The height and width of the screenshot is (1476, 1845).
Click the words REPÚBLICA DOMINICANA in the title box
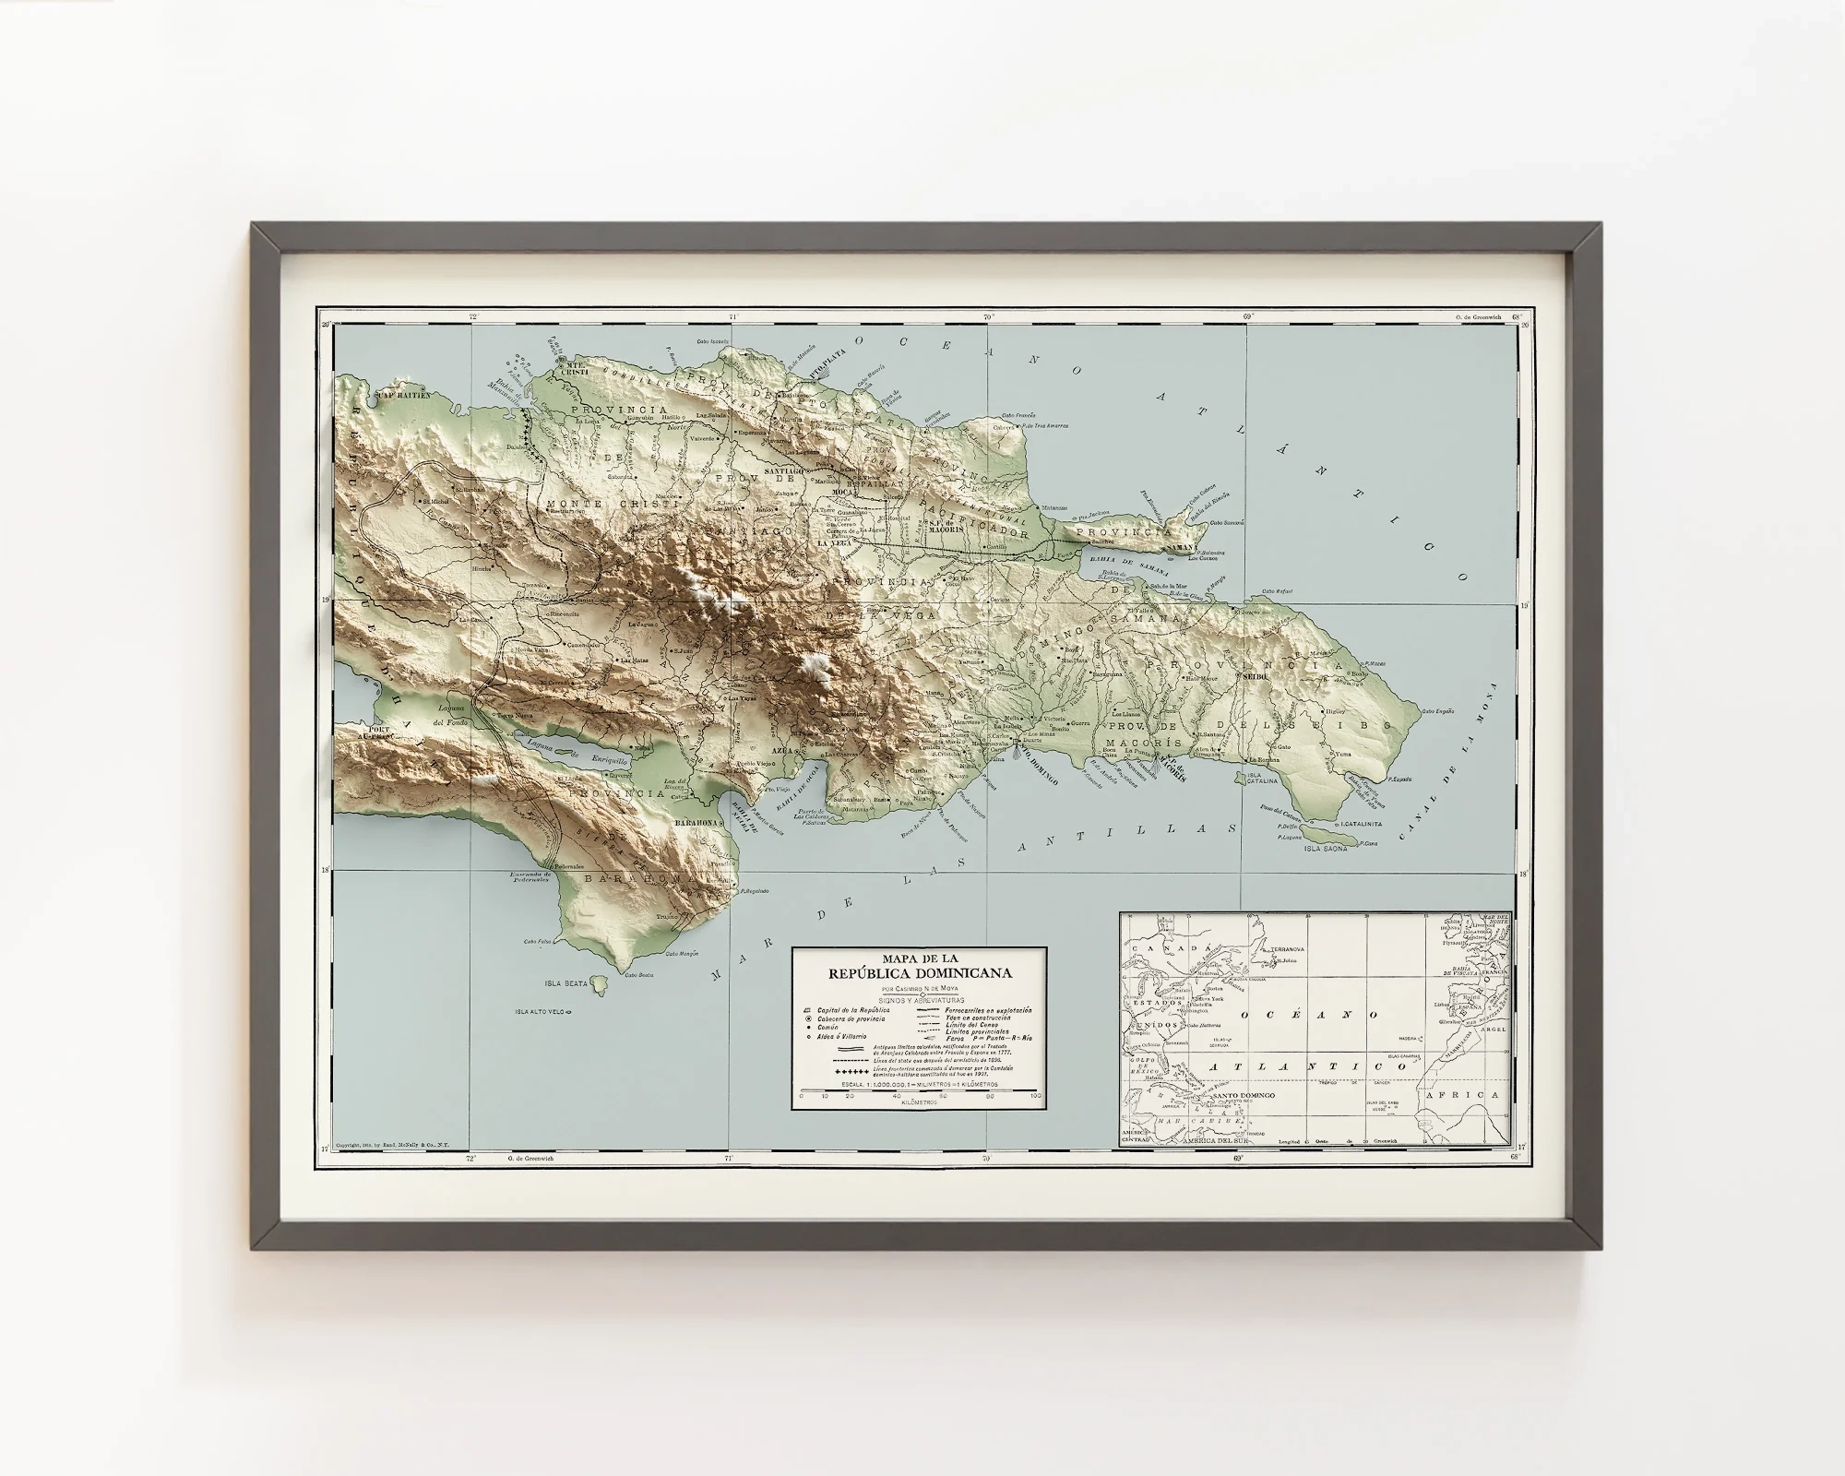point(919,973)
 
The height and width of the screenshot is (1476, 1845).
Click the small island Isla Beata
point(601,985)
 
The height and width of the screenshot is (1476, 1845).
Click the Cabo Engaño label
point(1438,711)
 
